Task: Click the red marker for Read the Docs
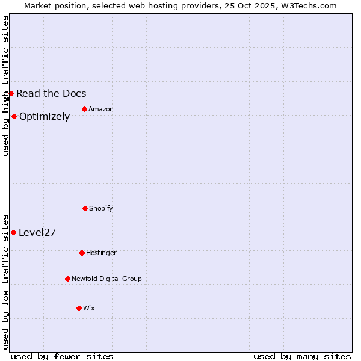(11, 93)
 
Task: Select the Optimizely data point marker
(14, 116)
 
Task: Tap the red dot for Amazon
(84, 109)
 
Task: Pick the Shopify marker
(85, 208)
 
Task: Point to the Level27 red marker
(13, 232)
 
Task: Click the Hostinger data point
(82, 253)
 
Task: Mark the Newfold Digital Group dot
(67, 279)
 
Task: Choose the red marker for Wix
(79, 308)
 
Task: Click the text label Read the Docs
(51, 93)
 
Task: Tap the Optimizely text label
(45, 117)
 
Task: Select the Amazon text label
(101, 109)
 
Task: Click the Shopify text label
(101, 208)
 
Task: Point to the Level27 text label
(37, 233)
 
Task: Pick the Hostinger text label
(101, 253)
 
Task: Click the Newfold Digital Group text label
(106, 279)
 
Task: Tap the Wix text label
(89, 308)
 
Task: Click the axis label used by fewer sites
(62, 356)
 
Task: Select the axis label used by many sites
(302, 356)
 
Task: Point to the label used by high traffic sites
(5, 85)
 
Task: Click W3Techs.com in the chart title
(306, 5)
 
